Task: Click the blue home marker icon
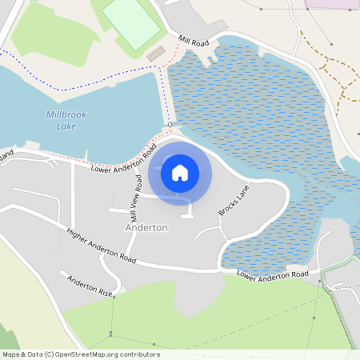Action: click(x=180, y=173)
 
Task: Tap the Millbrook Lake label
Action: click(x=66, y=120)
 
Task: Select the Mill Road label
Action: click(x=193, y=40)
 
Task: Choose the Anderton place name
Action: click(x=146, y=227)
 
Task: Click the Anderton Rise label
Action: click(x=88, y=286)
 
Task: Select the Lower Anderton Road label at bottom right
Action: click(x=273, y=274)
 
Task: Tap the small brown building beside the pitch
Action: click(x=155, y=53)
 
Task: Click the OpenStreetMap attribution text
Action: click(x=81, y=354)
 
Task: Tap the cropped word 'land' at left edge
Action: click(x=6, y=152)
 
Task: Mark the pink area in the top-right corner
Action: click(x=332, y=3)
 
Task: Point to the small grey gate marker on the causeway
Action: click(x=170, y=126)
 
